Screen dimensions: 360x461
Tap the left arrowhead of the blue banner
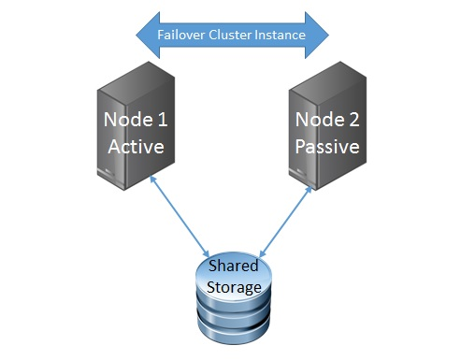(142, 35)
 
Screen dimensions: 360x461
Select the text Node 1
(136, 121)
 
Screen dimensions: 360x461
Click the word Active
(136, 148)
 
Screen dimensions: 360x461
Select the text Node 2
(326, 121)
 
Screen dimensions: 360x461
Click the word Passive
(326, 148)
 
